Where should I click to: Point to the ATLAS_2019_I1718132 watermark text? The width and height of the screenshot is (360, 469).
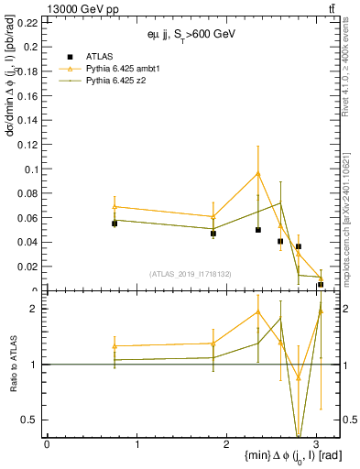[x=191, y=273]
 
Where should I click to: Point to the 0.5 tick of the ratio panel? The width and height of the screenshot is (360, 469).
[x=31, y=420]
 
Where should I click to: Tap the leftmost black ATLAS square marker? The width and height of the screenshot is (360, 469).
[x=115, y=224]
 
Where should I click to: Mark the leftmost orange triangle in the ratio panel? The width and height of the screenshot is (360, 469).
[x=115, y=346]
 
